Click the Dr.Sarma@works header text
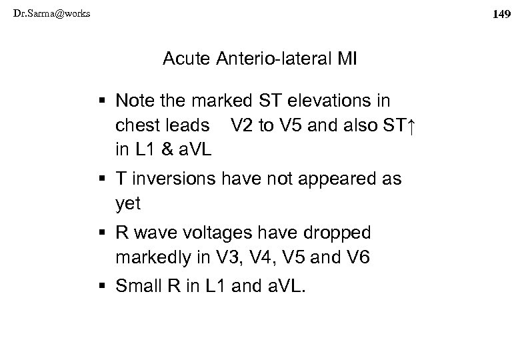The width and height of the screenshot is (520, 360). click(45, 13)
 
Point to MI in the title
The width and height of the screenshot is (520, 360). click(347, 61)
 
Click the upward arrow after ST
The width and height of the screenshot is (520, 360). click(410, 125)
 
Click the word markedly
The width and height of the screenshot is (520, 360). click(147, 257)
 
